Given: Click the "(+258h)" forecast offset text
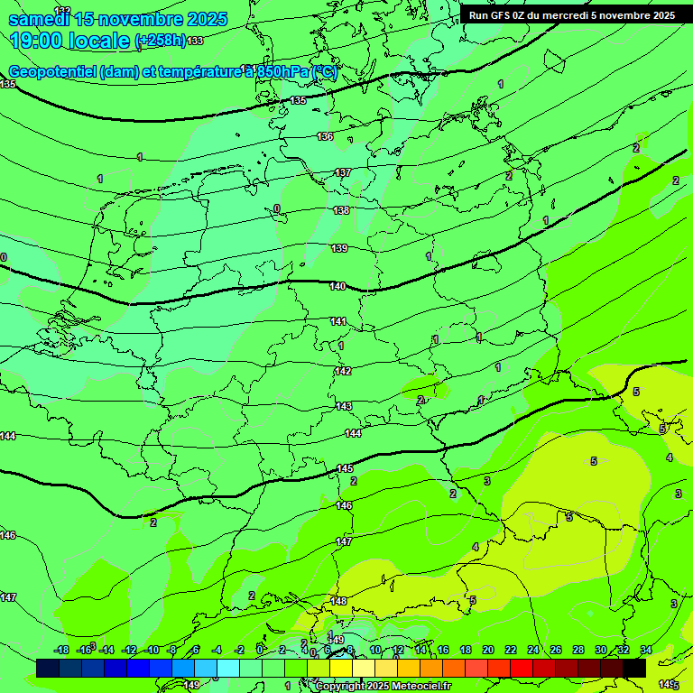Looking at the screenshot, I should pos(160,41).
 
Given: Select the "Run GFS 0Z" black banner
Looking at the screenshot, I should pos(572,15).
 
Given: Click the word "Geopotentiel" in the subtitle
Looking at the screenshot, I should pos(53,72).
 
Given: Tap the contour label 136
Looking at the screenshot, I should pos(325,136).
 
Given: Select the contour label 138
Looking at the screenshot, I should pos(341,210).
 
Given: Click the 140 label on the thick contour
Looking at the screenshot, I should pos(337,286).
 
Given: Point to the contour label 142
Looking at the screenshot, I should pos(343,371).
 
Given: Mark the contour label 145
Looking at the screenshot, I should pos(345,468).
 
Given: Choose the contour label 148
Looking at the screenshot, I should pos(339,601).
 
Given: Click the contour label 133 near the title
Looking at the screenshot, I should pos(195,42).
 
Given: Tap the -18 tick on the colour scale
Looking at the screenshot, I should pos(61,650).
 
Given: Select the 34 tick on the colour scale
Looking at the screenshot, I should pos(646,650).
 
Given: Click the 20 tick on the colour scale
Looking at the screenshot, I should pos(487,650).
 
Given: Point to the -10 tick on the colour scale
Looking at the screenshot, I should pos(152,650).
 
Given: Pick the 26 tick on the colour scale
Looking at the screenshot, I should pos(555,650).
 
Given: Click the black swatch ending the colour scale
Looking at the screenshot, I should pos(633,668).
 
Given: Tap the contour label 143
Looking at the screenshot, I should pos(344,406).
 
